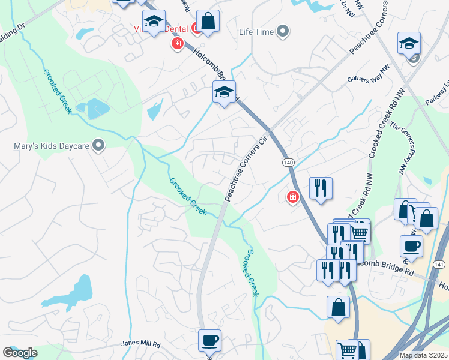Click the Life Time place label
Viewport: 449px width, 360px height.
pos(256,32)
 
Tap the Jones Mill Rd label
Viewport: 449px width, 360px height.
pos(141,344)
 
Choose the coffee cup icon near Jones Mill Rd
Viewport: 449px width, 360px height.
pos(209,340)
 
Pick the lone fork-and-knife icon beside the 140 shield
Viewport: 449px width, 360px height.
pos(321,188)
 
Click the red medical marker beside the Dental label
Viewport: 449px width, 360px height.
pos(177,44)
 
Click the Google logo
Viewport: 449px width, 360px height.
pos(20,353)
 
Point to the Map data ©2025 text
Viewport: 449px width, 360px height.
pos(424,355)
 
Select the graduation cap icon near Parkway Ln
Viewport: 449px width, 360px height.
pos(409,43)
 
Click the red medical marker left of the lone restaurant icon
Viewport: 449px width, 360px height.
pos(293,197)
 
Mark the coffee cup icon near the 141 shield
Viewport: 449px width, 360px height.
pos(411,246)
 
